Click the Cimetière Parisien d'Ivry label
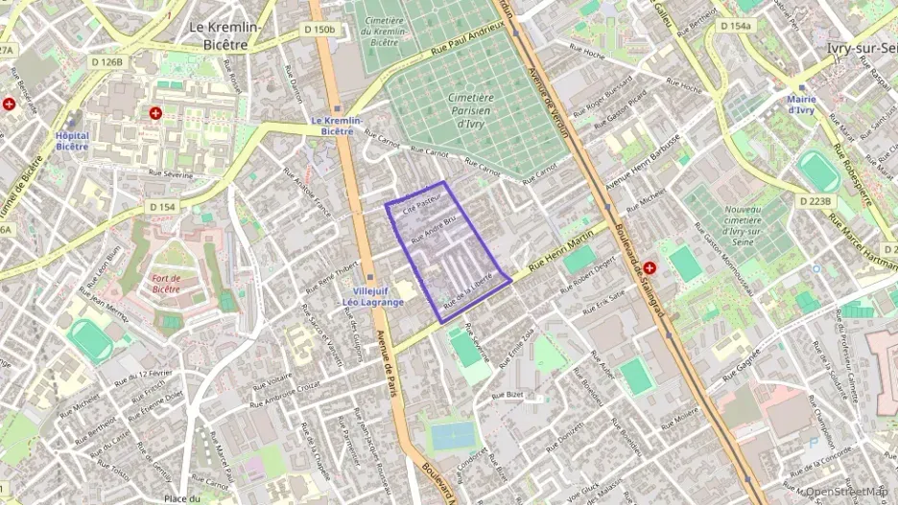point(470,110)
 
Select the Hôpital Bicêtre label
point(72,142)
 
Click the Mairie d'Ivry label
point(801,104)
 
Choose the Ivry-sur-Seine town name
point(861,47)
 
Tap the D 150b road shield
point(320,30)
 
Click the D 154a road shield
point(735,26)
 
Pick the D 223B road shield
point(815,200)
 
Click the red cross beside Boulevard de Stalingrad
point(650,268)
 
